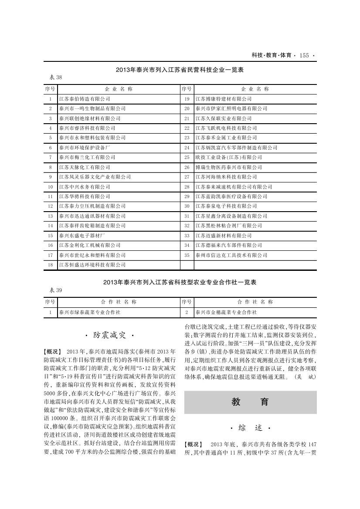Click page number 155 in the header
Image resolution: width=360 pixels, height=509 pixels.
coord(304,55)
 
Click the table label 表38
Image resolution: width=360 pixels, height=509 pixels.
coord(55,78)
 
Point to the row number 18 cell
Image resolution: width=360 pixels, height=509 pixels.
coord(50,265)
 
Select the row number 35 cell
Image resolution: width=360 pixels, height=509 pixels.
coord(187,255)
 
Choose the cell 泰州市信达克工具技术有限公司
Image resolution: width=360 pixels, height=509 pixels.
coord(231,255)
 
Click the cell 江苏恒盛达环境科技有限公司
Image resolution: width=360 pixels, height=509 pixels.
coord(92,265)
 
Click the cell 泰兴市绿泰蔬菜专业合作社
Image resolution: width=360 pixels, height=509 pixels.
coord(90,312)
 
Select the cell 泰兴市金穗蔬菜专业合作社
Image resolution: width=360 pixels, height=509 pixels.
coord(226,312)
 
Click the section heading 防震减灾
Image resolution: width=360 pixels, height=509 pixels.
coord(111,335)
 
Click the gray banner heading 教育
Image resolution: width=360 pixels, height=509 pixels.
coord(250,402)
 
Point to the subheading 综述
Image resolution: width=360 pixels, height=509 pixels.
coord(250,428)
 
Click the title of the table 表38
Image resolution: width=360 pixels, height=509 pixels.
coord(180,70)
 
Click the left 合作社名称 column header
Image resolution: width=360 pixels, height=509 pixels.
coord(119,302)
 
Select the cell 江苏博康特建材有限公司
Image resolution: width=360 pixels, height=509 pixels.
coord(223,99)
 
